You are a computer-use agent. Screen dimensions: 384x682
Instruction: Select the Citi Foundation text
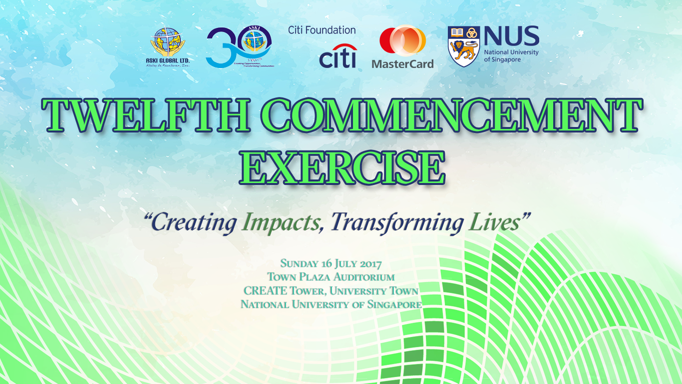[x=322, y=30]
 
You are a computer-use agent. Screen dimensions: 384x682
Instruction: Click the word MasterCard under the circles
[x=402, y=64]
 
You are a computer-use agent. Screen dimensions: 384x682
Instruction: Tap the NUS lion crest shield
[x=464, y=46]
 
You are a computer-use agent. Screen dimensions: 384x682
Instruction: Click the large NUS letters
[x=511, y=37]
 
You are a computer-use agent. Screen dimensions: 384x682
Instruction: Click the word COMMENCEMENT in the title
[x=451, y=116]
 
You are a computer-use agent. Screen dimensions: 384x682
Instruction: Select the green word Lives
[x=494, y=222]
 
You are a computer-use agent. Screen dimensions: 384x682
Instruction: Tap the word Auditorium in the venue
[x=364, y=277]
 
